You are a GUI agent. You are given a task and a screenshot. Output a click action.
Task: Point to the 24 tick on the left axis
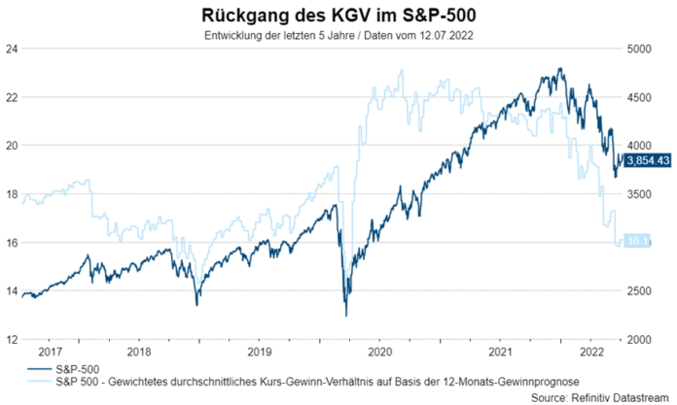(11, 49)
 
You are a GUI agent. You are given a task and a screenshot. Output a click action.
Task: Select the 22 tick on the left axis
(11, 97)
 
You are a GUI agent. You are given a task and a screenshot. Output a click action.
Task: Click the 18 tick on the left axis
(11, 194)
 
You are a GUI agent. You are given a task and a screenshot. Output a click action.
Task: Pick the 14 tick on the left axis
(11, 291)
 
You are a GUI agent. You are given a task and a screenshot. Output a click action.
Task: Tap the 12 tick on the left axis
(11, 340)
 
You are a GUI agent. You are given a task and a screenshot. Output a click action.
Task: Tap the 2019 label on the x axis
(261, 352)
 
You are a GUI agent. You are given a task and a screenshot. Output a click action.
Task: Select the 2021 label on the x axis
(500, 352)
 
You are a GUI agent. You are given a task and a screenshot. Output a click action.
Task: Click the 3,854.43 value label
(647, 160)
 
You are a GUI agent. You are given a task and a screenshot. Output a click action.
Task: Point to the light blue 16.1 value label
(637, 241)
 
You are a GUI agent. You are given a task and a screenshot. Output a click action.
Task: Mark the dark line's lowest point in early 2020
(346, 315)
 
